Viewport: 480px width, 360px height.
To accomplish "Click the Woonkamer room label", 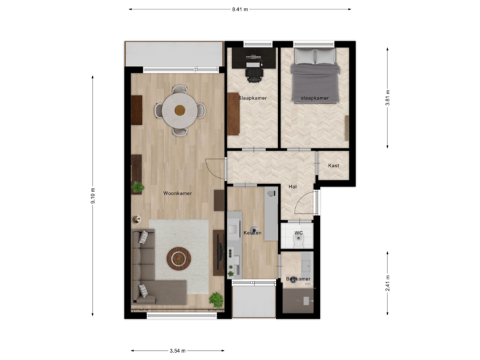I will coord(177,193).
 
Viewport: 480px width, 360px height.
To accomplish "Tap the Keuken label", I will coord(253,233).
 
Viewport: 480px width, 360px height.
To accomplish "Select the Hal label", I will coord(292,187).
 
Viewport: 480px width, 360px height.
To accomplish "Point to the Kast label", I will coord(333,165).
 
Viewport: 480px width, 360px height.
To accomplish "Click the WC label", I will coord(299,233).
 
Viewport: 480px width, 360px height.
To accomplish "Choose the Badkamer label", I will coord(298,279).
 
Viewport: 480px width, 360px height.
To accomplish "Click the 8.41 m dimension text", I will coord(240,9).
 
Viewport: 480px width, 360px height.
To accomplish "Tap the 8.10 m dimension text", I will coord(93,196).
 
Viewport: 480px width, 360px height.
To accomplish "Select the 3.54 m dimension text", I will coord(177,351).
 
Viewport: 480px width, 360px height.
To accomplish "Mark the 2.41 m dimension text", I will coord(388,283).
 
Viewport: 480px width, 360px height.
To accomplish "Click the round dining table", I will coord(179,110).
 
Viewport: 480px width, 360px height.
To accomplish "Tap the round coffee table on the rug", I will coord(179,258).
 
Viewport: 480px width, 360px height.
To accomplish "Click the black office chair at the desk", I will coord(254,72).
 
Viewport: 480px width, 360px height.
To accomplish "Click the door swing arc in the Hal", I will coord(303,201).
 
